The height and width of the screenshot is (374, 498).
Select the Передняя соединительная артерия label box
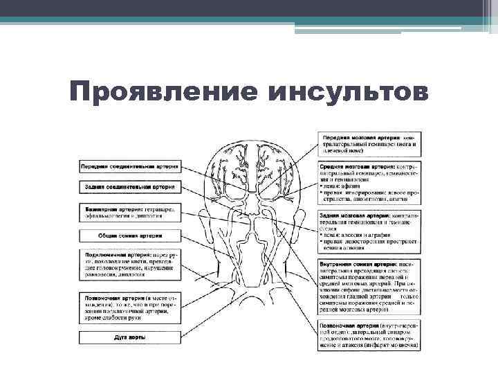130,167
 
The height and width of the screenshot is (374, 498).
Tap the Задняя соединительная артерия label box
130,187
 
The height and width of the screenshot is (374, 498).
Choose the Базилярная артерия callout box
130,213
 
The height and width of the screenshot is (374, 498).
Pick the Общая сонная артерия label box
130,236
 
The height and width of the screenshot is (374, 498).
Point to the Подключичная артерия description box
130,266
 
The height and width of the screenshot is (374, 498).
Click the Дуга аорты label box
130,337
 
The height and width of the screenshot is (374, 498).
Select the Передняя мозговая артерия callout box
369,141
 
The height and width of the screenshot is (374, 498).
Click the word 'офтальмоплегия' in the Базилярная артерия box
103,216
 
